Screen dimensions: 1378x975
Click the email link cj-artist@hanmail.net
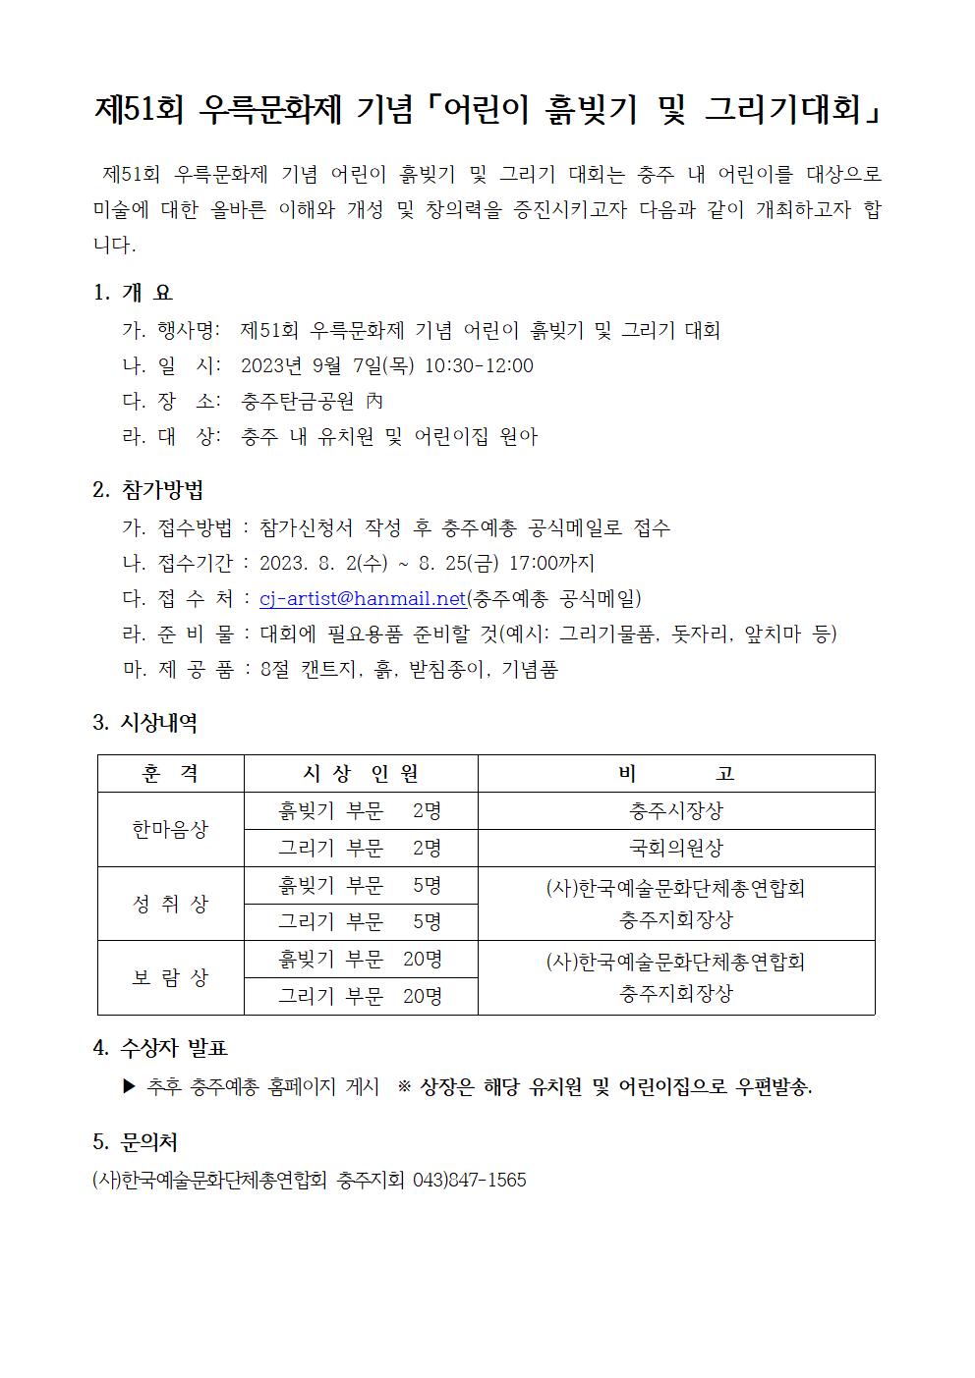click(x=362, y=598)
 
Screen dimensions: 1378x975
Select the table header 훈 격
click(x=170, y=774)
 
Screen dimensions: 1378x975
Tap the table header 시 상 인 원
click(x=360, y=774)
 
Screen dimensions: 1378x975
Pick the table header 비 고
click(x=675, y=774)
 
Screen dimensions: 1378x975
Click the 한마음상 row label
click(x=170, y=830)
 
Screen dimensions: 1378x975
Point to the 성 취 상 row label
click(x=170, y=904)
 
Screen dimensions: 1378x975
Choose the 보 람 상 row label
click(x=170, y=978)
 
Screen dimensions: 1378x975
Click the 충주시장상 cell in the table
click(x=675, y=811)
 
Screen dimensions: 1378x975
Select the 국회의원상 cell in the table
click(x=675, y=849)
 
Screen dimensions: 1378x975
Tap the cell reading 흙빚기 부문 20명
click(x=360, y=960)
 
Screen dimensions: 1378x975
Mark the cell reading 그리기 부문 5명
click(x=360, y=922)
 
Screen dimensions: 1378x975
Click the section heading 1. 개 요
click(x=133, y=293)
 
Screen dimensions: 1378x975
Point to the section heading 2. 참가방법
click(x=148, y=490)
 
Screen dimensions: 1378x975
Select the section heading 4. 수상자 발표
click(x=160, y=1048)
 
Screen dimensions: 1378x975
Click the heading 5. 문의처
click(x=135, y=1142)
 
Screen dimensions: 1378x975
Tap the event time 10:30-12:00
click(x=479, y=366)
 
